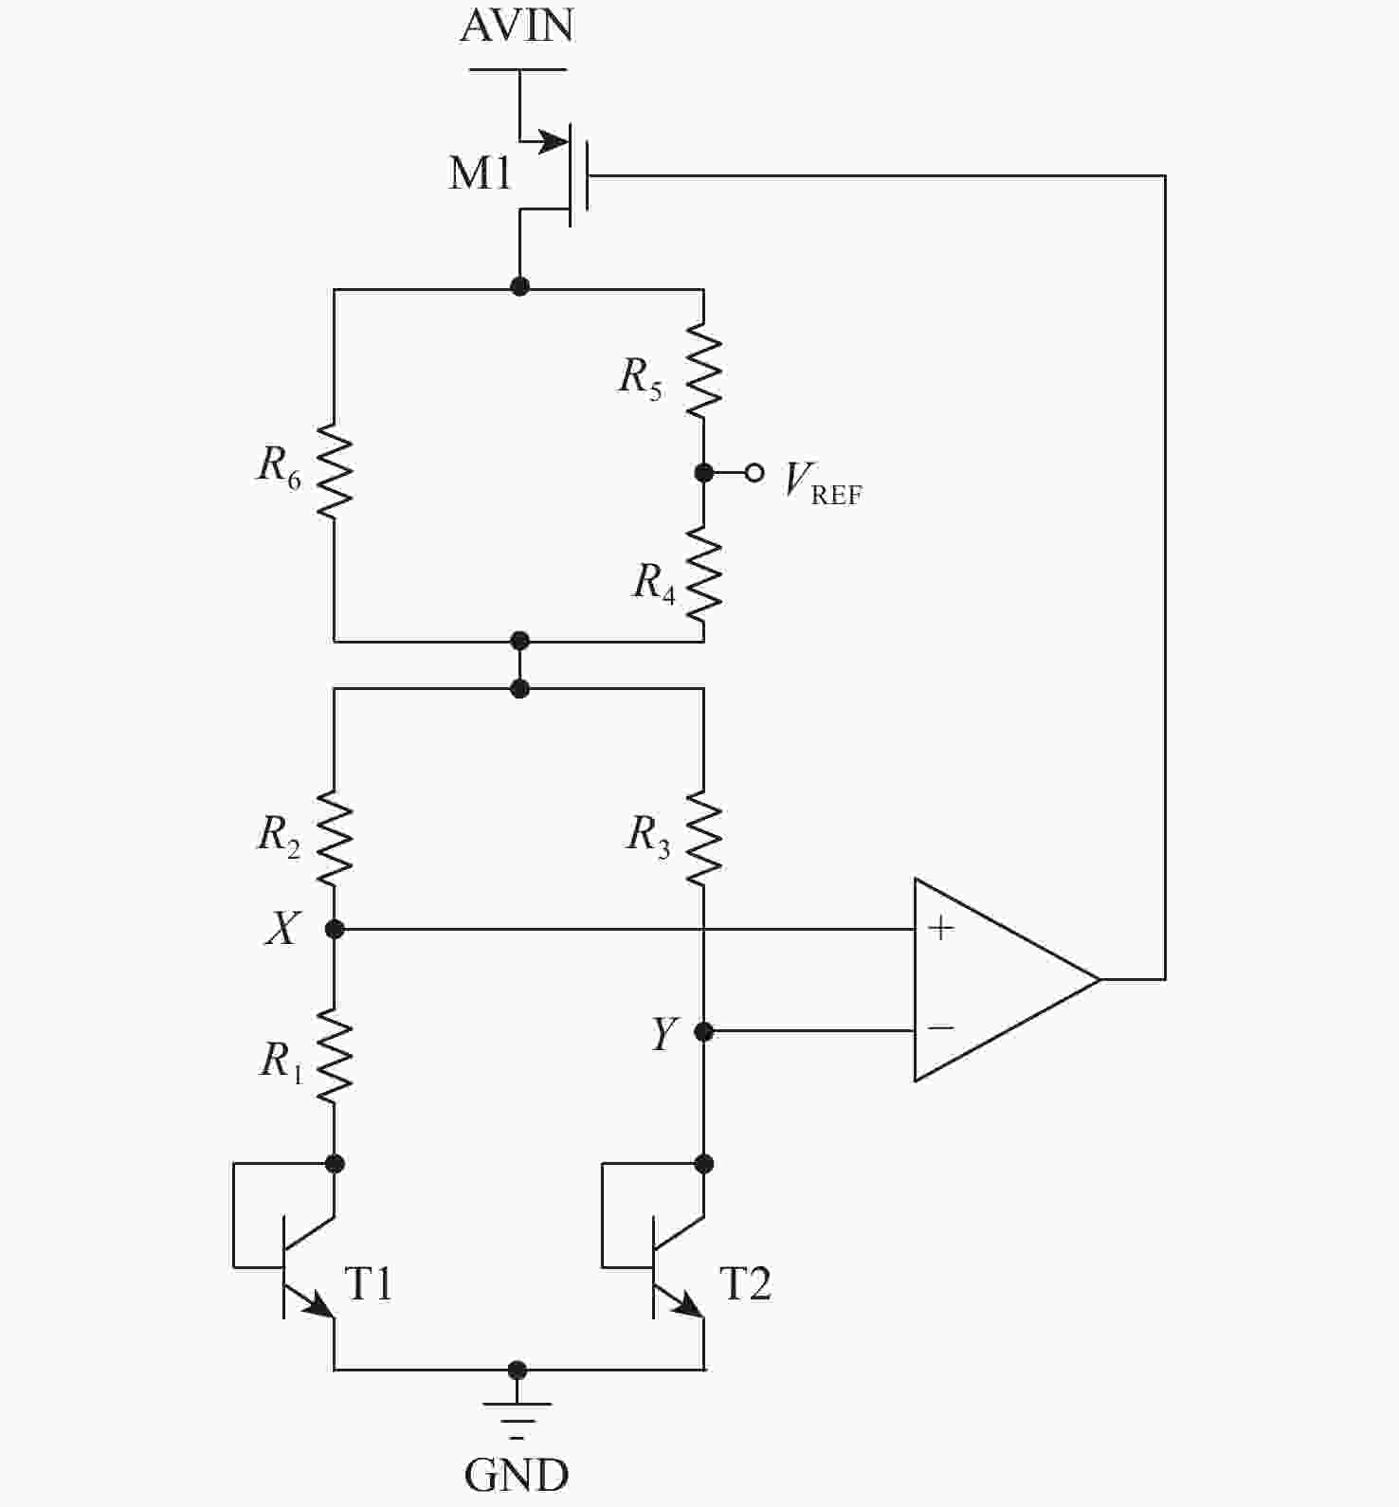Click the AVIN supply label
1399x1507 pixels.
[517, 26]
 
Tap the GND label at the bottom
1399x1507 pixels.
[517, 1475]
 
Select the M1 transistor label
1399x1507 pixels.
[481, 173]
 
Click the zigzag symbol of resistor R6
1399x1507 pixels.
[334, 470]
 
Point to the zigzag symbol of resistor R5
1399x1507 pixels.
[703, 371]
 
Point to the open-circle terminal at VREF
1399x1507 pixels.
[754, 472]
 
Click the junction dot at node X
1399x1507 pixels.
[334, 929]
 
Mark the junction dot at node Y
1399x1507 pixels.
[703, 1030]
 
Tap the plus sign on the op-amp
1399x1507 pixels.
[940, 928]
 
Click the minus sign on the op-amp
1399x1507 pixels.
[940, 1027]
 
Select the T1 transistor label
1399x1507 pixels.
[368, 1284]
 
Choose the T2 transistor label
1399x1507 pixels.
[746, 1284]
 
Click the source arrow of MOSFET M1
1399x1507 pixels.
[550, 143]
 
